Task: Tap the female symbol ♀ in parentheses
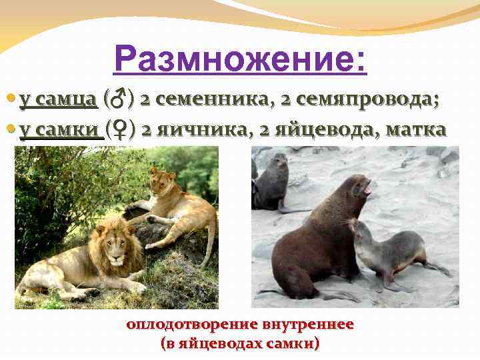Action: [x=120, y=129]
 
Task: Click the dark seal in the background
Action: [x=273, y=180]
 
